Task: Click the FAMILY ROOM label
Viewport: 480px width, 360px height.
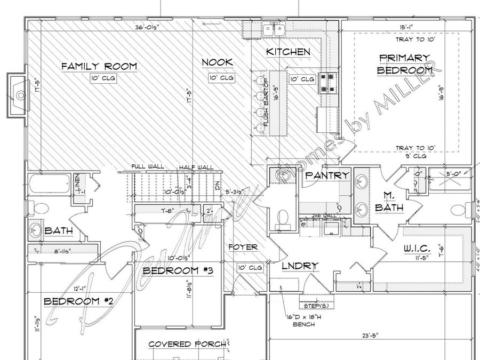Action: (99, 67)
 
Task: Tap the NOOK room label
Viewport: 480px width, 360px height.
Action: (217, 63)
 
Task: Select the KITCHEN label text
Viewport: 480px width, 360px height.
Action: (288, 52)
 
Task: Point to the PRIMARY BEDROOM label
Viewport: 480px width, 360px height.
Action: (404, 63)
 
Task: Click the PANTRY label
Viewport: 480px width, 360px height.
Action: (327, 175)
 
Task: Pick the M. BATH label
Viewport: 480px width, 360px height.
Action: (389, 202)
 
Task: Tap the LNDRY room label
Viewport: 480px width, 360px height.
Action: (301, 266)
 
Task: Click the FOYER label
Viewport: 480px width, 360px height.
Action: (243, 247)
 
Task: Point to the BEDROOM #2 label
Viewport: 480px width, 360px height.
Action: (78, 301)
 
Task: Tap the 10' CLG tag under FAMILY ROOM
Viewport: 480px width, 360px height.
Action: (103, 78)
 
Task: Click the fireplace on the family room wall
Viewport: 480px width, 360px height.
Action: (19, 95)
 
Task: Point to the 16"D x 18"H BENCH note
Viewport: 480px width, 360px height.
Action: (301, 319)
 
